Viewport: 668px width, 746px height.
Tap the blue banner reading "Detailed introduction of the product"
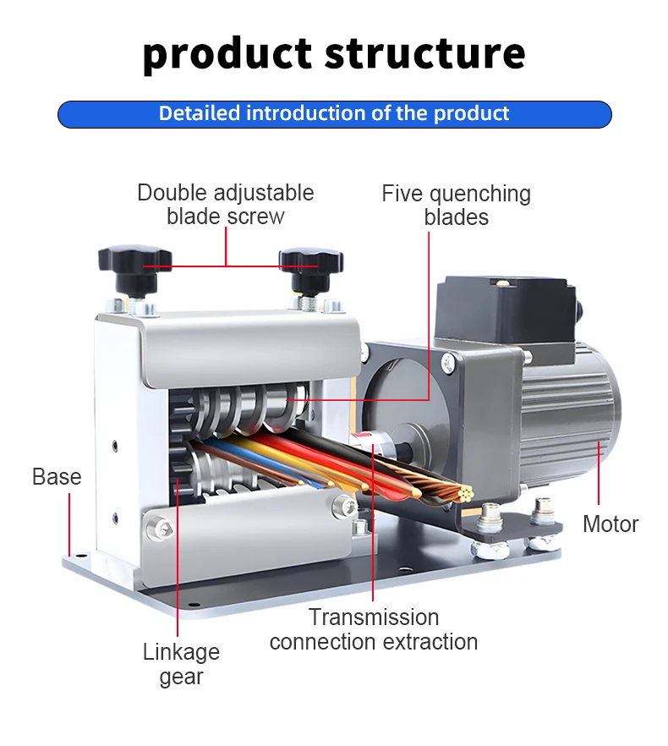pos(335,114)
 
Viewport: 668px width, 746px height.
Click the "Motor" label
pos(611,524)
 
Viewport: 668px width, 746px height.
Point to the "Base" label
pos(57,476)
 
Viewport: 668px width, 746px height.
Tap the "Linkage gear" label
pos(181,664)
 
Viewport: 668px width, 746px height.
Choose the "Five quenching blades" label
pos(456,206)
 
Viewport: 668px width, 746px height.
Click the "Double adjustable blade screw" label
pos(226,205)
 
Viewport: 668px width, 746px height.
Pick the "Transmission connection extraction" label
pos(374,629)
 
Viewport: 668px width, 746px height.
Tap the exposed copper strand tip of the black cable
pos(464,494)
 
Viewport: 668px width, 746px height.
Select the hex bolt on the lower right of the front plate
pos(344,506)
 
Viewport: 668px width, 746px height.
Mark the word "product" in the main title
pos(227,54)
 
